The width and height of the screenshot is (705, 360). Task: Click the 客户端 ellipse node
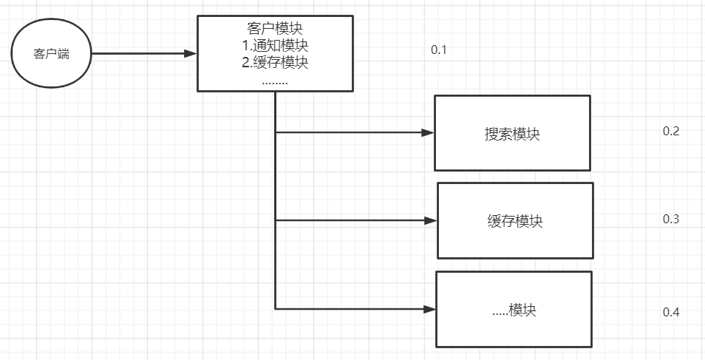coord(52,54)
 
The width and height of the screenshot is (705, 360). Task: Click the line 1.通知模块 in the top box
coord(275,45)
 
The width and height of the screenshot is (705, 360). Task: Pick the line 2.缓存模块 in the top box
coord(275,63)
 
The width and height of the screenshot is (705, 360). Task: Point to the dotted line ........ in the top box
coord(275,81)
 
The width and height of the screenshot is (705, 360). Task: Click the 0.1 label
coord(440,50)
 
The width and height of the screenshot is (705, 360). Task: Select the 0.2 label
coord(671,132)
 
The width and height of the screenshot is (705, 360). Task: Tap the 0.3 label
coord(671,220)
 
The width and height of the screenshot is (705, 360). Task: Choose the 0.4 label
coord(671,311)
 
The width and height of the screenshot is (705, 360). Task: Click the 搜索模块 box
coord(512,133)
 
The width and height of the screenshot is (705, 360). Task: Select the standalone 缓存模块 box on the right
coord(515,220)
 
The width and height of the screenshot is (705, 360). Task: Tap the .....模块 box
coord(514,309)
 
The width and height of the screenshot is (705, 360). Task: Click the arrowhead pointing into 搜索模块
coord(427,133)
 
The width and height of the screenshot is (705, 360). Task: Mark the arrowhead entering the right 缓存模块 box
coord(430,220)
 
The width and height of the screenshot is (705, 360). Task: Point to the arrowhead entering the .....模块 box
coord(429,309)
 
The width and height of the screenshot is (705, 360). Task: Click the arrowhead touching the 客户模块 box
coord(191,53)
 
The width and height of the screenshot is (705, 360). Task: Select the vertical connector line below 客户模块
coord(276,185)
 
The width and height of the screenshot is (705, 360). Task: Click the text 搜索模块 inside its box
coord(512,135)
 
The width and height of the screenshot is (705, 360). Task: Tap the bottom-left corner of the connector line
coord(276,309)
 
